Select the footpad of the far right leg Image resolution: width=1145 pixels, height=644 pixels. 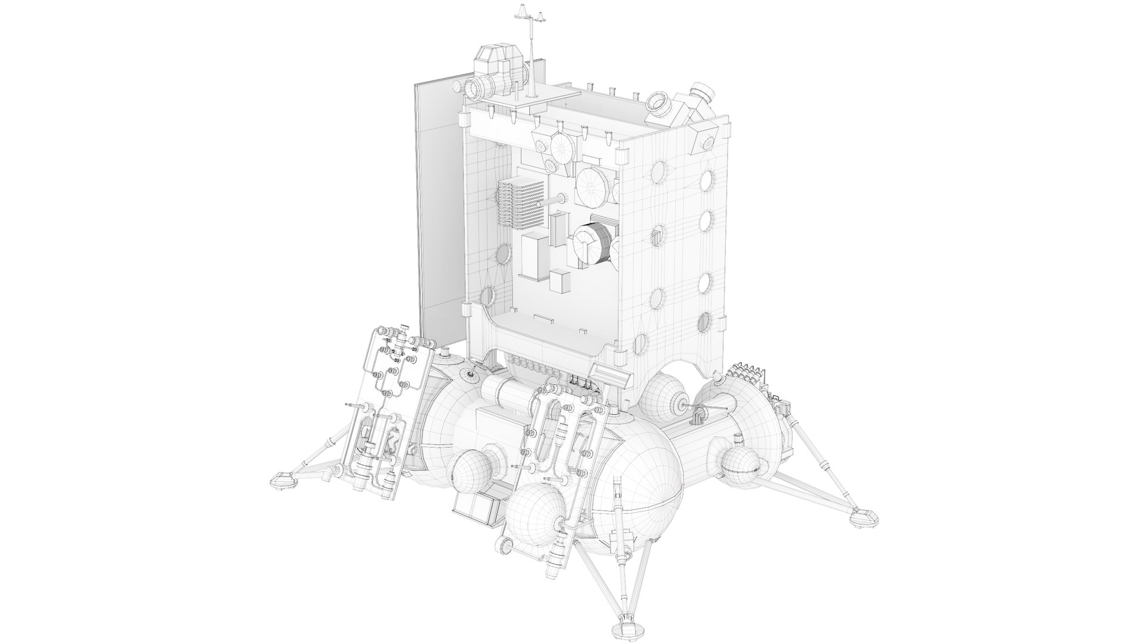862,517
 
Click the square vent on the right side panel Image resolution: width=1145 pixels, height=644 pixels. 657,237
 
